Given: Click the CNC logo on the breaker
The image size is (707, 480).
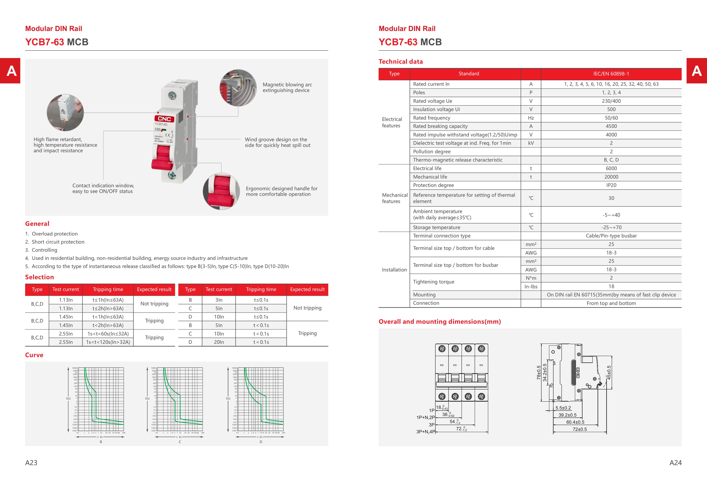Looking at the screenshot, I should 164,119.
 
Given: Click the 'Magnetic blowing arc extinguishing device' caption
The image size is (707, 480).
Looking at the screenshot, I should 287,87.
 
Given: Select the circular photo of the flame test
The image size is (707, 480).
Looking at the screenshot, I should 65,113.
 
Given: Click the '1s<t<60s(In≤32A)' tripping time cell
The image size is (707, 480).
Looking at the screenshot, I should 108,334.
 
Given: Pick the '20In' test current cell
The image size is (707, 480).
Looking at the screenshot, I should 219,342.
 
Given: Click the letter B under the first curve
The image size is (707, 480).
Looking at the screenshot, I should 101,442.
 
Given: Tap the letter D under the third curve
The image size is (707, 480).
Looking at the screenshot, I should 261,442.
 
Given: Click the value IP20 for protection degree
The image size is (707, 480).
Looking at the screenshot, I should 611,185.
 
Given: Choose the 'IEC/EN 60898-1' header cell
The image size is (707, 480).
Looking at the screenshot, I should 611,74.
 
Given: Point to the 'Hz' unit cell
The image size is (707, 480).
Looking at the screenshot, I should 531,118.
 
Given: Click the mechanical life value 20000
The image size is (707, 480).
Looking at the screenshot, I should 611,177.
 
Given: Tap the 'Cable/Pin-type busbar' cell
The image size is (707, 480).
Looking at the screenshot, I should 611,236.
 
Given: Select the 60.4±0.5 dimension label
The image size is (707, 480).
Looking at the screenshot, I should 575,422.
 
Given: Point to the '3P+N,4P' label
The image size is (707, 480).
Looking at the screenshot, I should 426,432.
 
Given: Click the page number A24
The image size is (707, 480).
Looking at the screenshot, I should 675,463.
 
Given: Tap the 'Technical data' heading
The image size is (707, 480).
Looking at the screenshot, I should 401,62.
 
